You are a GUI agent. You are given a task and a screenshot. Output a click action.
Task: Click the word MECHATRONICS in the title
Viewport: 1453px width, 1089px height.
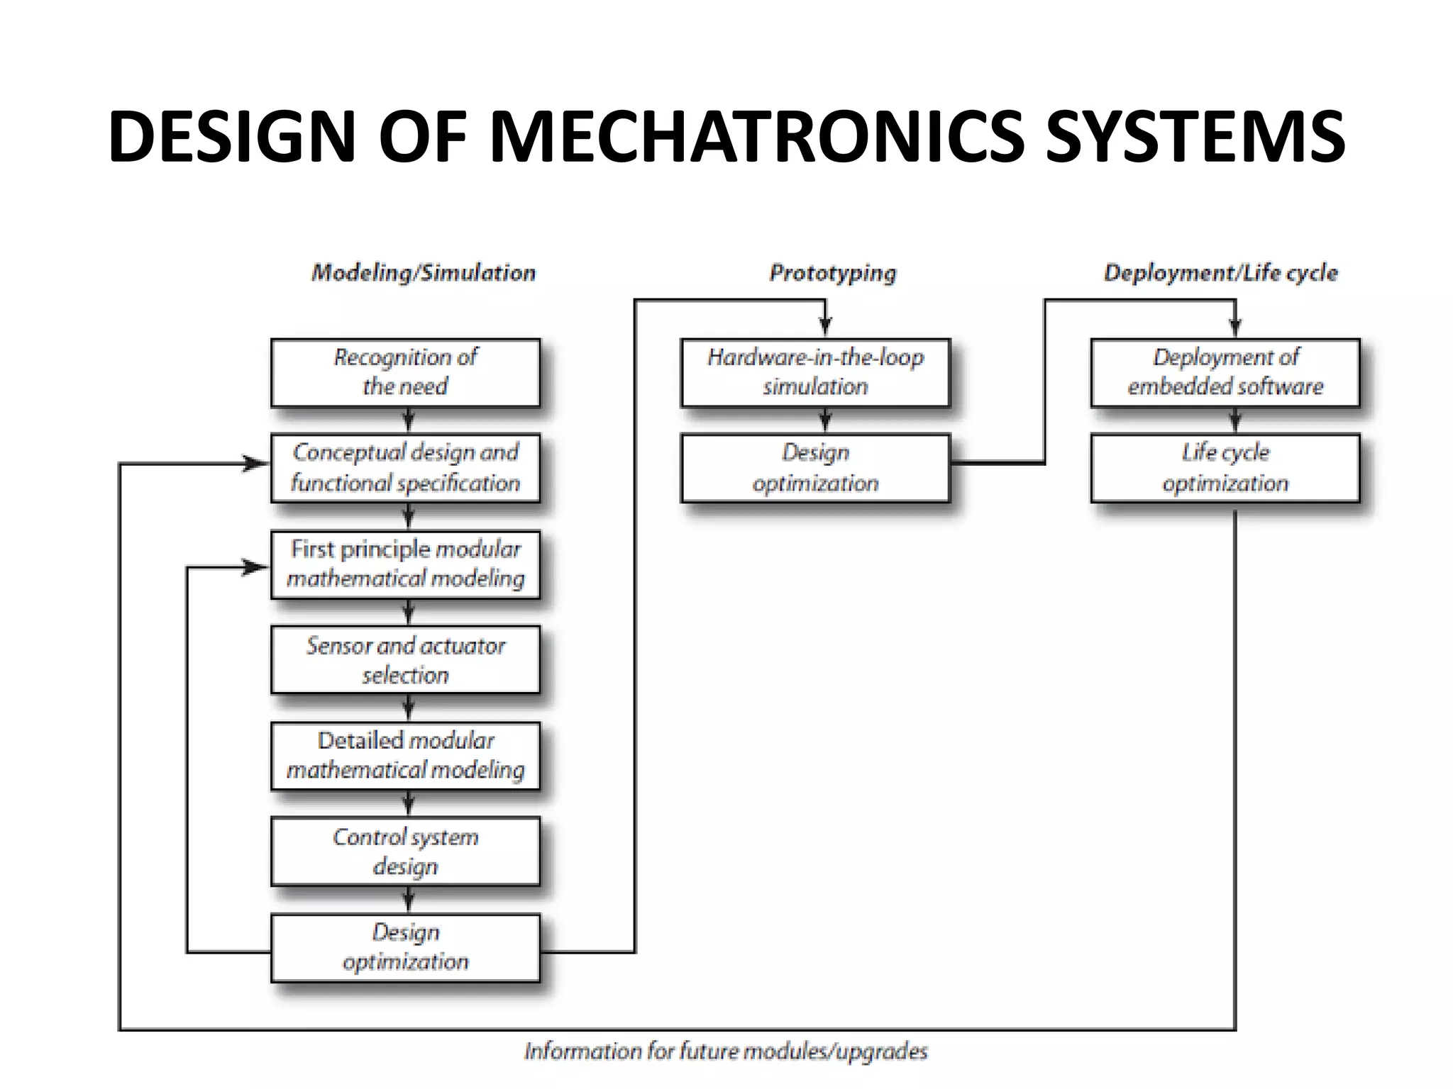756,136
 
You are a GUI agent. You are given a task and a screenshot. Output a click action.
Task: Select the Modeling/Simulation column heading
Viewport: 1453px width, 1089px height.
424,273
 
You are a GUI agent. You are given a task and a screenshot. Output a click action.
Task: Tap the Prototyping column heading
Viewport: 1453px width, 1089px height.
833,273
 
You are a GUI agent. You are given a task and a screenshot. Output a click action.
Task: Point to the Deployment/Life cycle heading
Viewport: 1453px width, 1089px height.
1220,273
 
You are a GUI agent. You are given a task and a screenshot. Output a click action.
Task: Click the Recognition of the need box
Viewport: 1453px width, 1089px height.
405,372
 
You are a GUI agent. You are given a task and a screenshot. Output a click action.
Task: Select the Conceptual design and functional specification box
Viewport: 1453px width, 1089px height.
405,468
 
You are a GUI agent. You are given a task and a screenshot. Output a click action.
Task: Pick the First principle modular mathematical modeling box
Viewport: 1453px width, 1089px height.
405,564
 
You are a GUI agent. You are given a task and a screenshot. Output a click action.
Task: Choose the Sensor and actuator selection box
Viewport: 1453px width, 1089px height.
405,659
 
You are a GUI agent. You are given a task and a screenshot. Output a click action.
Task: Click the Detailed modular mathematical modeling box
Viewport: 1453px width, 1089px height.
405,756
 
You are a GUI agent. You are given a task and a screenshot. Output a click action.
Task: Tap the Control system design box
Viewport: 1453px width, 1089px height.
405,851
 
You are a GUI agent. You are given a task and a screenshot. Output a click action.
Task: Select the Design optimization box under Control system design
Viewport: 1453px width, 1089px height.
405,947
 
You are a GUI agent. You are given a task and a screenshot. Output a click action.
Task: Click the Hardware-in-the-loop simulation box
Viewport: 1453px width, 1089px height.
815,372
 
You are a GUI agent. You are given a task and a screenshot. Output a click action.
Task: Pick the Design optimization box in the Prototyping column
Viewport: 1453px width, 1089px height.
815,468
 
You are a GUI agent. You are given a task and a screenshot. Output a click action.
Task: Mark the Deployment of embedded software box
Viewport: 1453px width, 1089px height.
1225,372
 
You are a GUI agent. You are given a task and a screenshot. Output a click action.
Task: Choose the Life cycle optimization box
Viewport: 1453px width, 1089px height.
1225,468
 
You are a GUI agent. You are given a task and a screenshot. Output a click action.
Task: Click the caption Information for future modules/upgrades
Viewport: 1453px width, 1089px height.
726,1051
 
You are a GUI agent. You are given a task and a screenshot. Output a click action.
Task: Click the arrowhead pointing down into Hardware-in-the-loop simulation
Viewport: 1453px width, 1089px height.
825,325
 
